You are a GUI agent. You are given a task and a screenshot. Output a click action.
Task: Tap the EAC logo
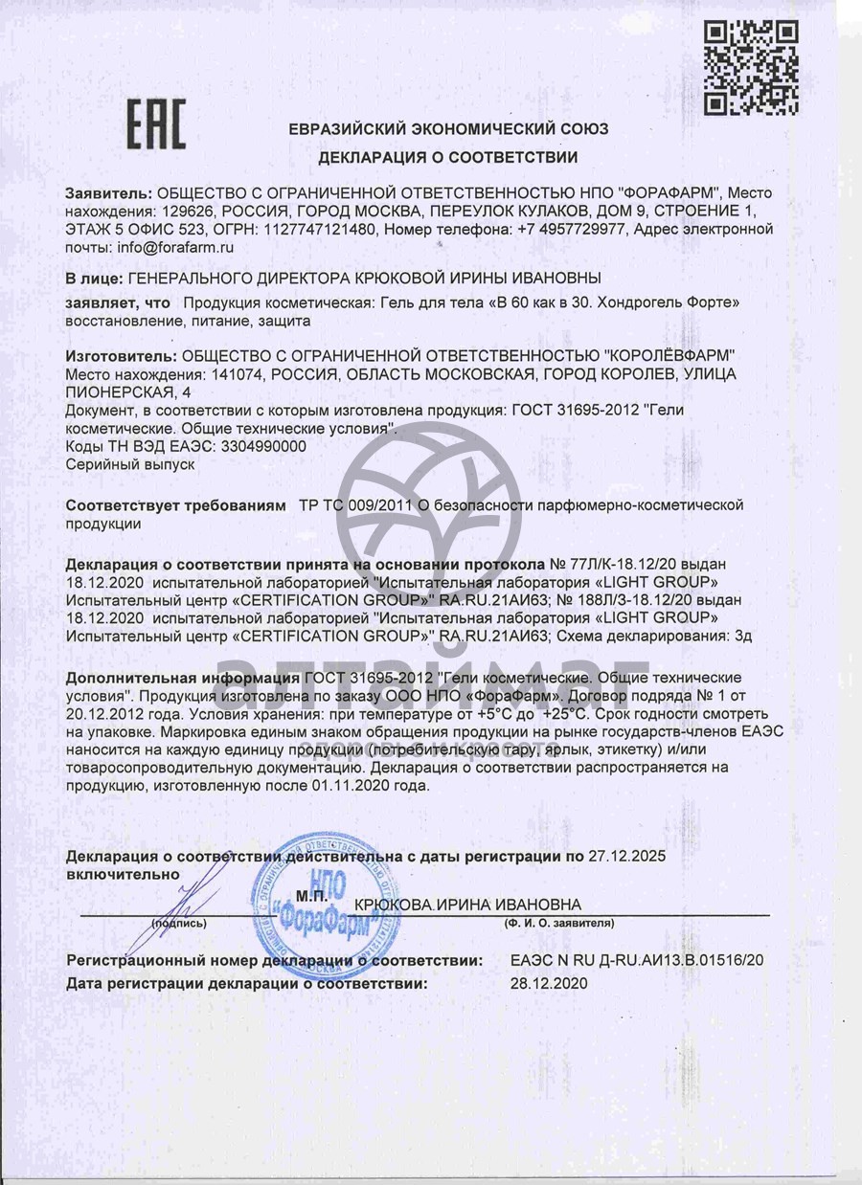coord(157,126)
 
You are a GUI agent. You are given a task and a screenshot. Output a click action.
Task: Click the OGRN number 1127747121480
coord(321,230)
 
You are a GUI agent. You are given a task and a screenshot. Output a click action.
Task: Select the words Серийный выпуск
coord(130,464)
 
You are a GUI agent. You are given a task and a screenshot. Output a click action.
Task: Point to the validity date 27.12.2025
coord(626,856)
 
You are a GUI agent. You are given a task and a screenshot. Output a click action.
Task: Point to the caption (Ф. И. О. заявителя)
coord(558,924)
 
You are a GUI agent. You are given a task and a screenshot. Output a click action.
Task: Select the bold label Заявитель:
coord(108,192)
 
